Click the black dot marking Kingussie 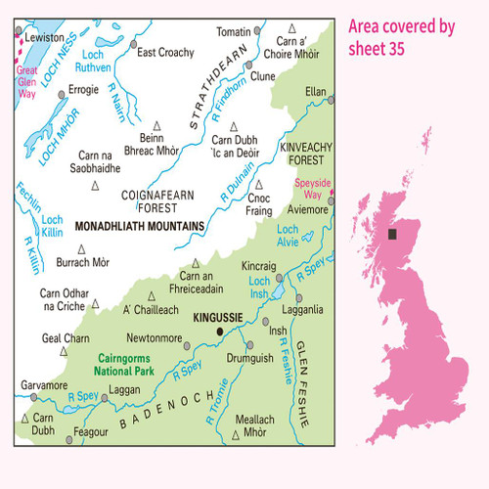click(219, 332)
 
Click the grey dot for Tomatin click(257, 30)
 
